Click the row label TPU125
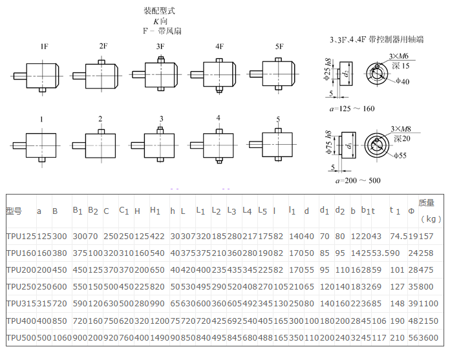[x=18, y=237]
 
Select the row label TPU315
[x=18, y=304]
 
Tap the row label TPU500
[x=18, y=337]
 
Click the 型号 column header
[x=14, y=211]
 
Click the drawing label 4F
[x=220, y=47]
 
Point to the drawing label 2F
[x=103, y=47]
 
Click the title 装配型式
[x=159, y=11]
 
